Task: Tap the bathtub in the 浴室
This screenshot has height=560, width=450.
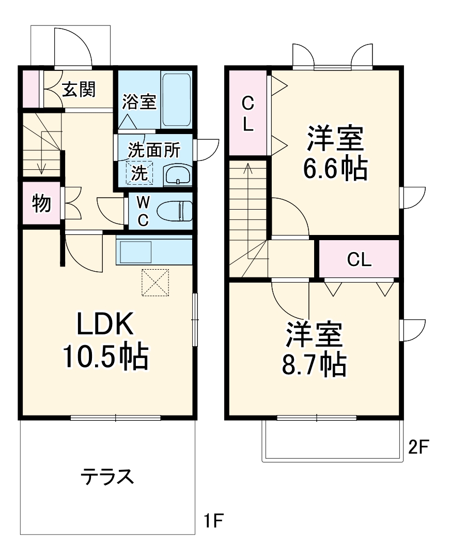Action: point(177,99)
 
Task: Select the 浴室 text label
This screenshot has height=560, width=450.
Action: point(139,101)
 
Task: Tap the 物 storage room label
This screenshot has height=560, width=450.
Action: point(41,203)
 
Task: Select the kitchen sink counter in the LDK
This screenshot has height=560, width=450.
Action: point(135,252)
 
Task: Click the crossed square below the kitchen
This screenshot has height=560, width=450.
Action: point(156,282)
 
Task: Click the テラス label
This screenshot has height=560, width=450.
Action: point(107,476)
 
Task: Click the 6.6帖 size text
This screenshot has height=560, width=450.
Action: point(335,168)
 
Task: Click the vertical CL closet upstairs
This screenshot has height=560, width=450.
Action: point(248,113)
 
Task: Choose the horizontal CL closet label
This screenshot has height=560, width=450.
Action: point(359,259)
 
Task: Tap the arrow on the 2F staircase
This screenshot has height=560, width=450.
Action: point(248,171)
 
